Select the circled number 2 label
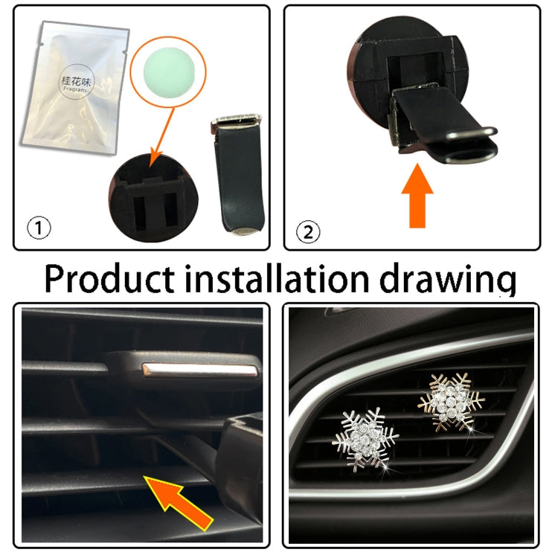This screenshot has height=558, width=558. point(307,233)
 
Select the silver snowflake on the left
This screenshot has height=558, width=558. point(365,437)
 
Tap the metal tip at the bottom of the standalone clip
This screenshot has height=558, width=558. point(248,233)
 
